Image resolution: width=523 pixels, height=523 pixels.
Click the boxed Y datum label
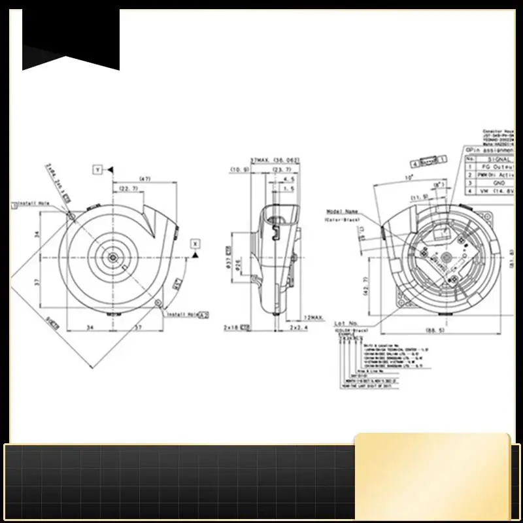pyautogui.click(x=97, y=169)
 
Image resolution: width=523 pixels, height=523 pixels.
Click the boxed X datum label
pyautogui.click(x=194, y=243)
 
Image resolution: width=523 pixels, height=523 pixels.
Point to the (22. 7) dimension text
pyautogui.click(x=127, y=189)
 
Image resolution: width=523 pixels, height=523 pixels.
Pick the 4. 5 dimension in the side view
pyautogui.click(x=288, y=178)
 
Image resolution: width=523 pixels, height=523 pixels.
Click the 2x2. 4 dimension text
pyautogui.click(x=298, y=326)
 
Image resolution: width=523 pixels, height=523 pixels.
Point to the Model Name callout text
pyautogui.click(x=343, y=212)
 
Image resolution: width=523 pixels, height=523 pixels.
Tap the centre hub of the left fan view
pyautogui.click(x=114, y=257)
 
